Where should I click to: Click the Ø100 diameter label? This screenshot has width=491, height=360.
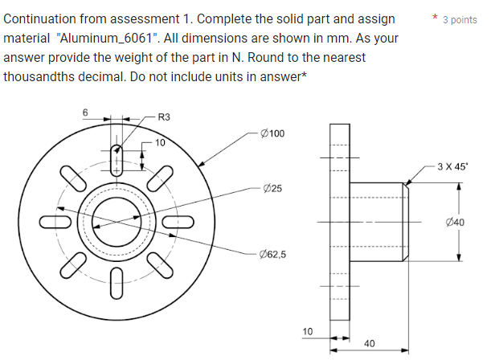273,133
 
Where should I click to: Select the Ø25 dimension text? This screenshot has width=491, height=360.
272,188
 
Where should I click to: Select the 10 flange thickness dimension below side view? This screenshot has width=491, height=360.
307,331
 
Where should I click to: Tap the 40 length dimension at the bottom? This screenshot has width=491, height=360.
369,343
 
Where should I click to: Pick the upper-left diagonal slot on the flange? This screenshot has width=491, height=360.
75,178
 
